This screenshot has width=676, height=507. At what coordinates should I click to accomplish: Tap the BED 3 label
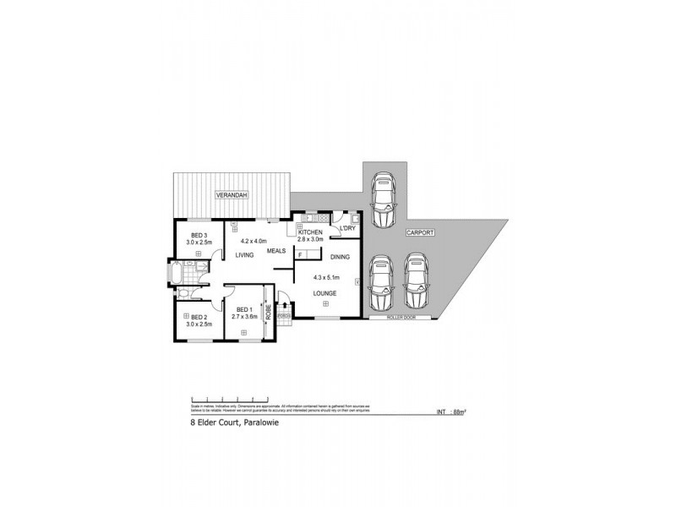199,234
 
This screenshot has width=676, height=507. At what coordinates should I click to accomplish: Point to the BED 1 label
245,308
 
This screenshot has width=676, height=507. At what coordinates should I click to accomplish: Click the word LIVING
245,254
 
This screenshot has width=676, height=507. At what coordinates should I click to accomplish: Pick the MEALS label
276,251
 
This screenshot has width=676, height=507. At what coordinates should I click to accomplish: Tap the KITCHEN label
310,232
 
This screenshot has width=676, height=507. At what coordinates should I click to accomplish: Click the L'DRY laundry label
346,229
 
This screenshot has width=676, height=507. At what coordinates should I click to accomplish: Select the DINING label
341,256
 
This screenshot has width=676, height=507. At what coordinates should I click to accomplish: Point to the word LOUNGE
324,293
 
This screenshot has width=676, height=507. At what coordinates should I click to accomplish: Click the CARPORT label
419,232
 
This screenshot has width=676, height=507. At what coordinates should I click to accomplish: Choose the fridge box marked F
301,252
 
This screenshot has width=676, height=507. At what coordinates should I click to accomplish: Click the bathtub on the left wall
174,276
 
